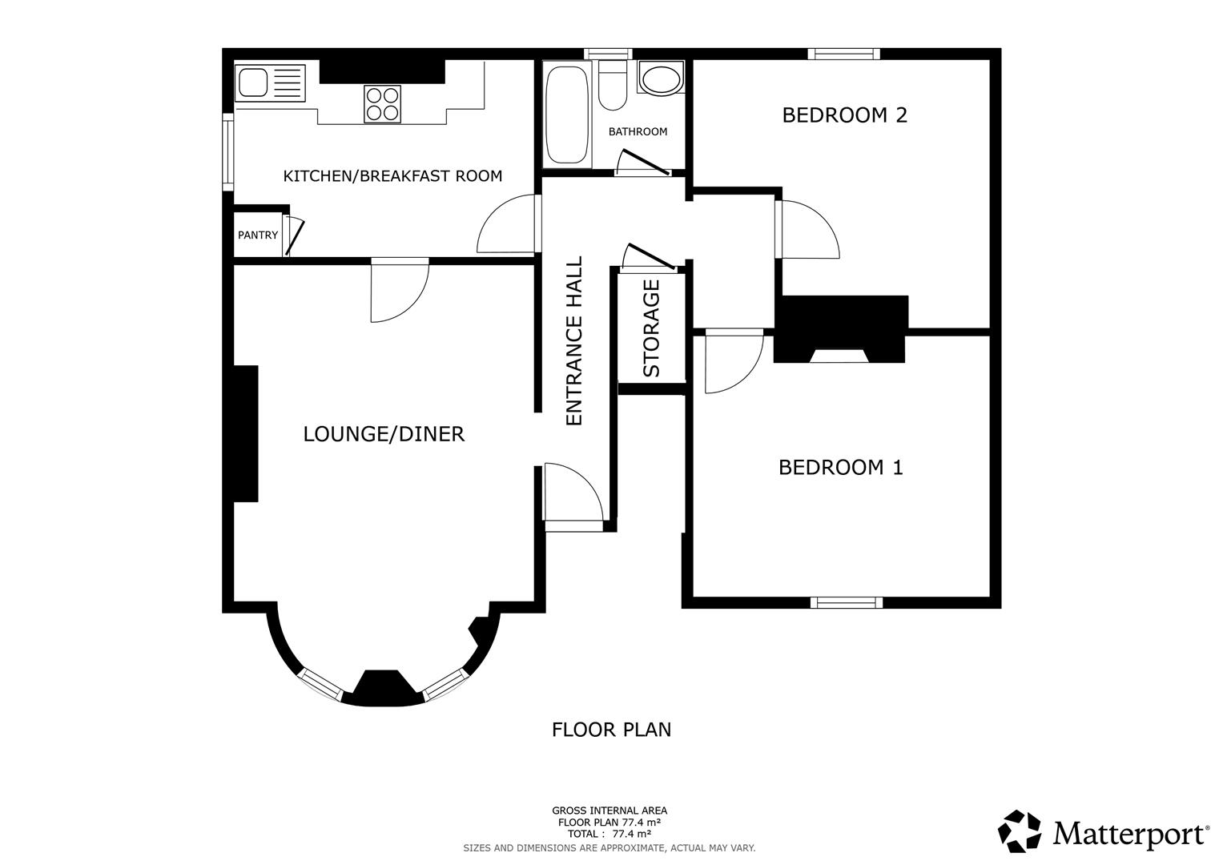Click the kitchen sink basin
(254, 81)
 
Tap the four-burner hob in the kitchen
(382, 103)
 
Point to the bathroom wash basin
(660, 80)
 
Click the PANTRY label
(258, 235)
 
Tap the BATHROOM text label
(638, 131)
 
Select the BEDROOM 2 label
(844, 115)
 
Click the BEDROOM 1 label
(840, 467)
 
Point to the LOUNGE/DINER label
(384, 434)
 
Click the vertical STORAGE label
(651, 328)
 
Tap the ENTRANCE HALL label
(574, 341)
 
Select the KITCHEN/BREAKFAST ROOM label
(392, 175)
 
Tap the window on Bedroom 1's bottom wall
(846, 602)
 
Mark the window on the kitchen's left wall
(227, 151)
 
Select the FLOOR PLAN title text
(611, 730)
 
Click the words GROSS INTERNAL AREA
(609, 811)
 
